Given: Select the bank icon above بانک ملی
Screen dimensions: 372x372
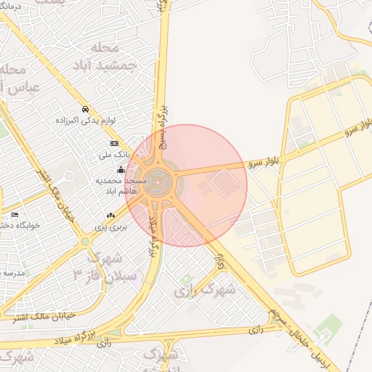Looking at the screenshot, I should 113,144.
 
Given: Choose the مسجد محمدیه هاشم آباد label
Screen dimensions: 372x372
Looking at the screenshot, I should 121,184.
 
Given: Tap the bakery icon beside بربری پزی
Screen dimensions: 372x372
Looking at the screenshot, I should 110,215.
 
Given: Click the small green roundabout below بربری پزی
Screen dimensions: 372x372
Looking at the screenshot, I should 85,241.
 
